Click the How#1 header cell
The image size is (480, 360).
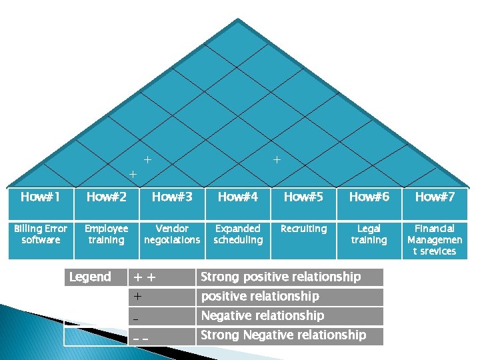[40, 197]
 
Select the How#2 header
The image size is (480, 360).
[106, 197]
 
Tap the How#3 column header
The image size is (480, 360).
[172, 197]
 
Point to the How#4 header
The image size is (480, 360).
[238, 197]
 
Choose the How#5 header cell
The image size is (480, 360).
[303, 197]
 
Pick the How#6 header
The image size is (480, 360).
[369, 197]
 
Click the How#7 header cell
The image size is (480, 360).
[435, 197]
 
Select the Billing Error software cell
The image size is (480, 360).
[40, 234]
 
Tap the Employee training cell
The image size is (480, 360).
[106, 234]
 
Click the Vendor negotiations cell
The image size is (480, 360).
[172, 234]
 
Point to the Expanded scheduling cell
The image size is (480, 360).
[238, 234]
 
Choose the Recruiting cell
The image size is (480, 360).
[303, 229]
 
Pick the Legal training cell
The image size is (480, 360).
[369, 234]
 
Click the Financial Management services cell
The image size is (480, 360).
[435, 240]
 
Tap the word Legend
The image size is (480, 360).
[90, 277]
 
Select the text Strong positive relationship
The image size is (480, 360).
[280, 277]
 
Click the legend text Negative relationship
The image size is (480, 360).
[262, 315]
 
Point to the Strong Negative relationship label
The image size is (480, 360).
[283, 335]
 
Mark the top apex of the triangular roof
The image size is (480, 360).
[239, 19]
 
